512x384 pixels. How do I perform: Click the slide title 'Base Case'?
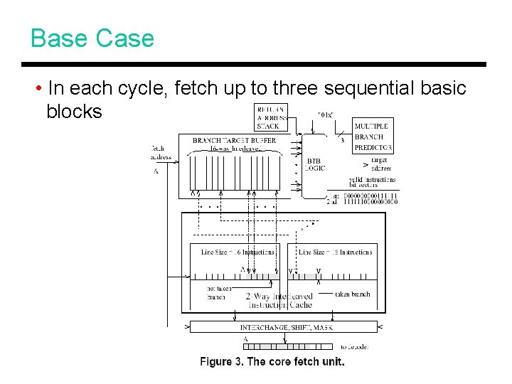(92, 38)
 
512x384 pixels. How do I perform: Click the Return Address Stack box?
(271, 117)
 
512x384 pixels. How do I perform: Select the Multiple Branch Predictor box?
(373, 137)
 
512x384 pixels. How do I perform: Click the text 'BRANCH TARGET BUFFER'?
(234, 140)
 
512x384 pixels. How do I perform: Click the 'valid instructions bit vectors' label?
(372, 182)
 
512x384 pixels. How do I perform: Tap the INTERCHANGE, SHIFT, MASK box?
(283, 327)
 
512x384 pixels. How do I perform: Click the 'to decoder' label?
(353, 346)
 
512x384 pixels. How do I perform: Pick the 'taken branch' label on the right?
(351, 294)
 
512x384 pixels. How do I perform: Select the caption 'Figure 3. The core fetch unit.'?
(272, 362)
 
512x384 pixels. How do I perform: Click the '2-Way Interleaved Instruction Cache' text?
(279, 300)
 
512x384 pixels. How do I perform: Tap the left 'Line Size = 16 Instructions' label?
(238, 252)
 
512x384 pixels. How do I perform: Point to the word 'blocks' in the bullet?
(74, 112)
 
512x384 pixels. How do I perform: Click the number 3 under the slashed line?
(343, 140)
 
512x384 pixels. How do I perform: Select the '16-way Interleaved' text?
(234, 149)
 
